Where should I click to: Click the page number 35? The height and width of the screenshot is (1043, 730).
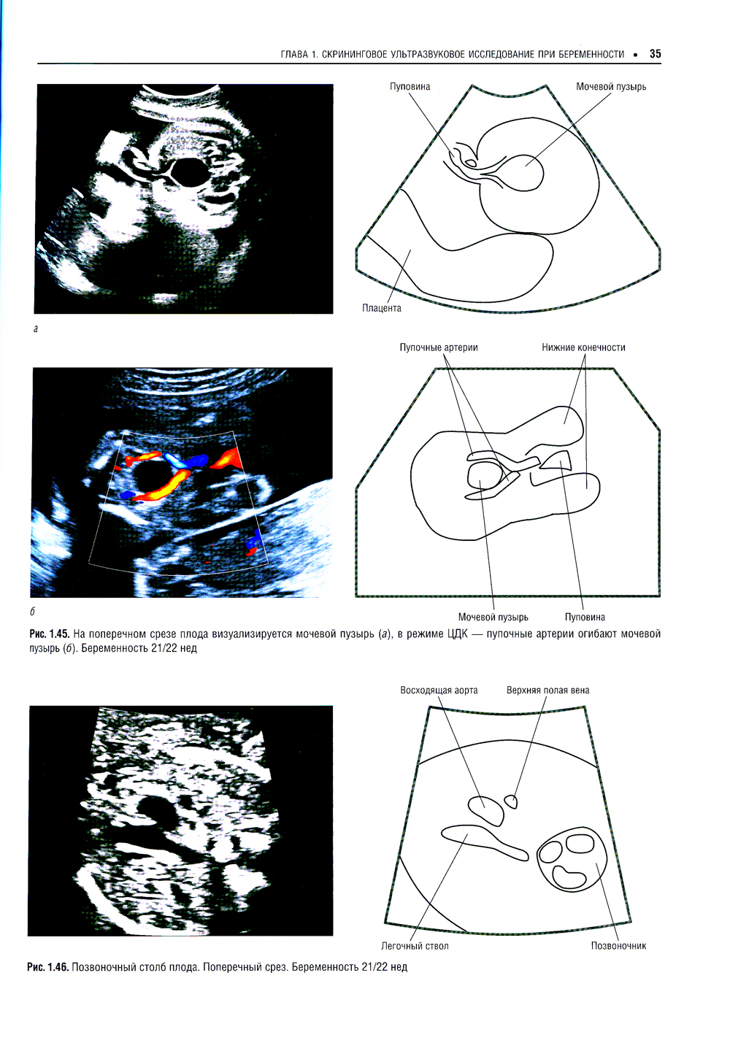pos(655,54)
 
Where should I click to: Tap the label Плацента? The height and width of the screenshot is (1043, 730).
pos(382,308)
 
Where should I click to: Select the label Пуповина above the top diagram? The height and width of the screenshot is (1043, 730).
pos(410,87)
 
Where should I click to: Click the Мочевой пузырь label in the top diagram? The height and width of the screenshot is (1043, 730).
pos(611,87)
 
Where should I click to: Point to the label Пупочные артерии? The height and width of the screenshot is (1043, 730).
pos(439,347)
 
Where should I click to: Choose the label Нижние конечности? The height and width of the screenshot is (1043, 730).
pos(583,347)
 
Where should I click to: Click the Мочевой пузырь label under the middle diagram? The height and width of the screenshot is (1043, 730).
pos(493,617)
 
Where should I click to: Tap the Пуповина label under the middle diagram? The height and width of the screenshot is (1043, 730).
pos(585,617)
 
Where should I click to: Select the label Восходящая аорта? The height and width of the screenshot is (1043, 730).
pos(439,690)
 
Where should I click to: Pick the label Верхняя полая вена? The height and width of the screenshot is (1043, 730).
pos(548,690)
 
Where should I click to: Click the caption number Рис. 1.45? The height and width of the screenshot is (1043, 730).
pos(50,634)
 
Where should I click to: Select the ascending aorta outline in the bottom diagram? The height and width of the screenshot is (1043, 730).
pos(486,810)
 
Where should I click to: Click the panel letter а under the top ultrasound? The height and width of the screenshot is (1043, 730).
pos(36,329)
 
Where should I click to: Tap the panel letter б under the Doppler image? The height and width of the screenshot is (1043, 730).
pos(32,612)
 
